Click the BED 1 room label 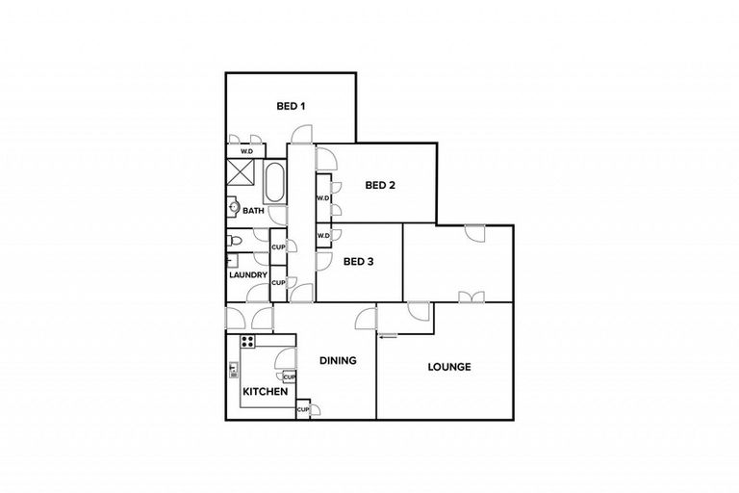291,106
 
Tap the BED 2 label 380,186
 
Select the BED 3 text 358,261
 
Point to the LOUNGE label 449,366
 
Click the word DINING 338,361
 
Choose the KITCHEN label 262,392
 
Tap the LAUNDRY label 247,275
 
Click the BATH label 253,210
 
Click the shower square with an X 239,173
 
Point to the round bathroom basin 234,205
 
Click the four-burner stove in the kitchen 247,341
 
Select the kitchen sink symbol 233,368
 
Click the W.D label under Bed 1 246,151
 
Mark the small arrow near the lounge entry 388,336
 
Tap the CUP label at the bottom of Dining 302,409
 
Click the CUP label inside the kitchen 289,376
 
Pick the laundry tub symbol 232,260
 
